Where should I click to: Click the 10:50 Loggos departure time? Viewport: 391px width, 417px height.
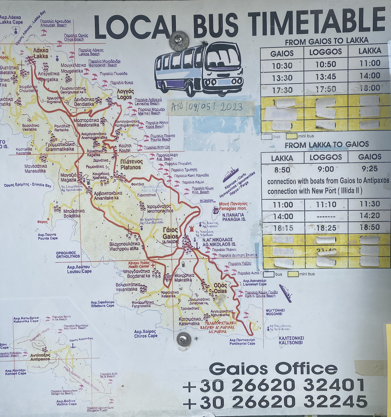[x=325, y=64]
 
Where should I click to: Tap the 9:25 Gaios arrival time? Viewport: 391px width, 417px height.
[x=370, y=169]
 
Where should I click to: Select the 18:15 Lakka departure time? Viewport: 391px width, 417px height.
[x=283, y=228]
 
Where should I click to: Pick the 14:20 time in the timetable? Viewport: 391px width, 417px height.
[x=370, y=216]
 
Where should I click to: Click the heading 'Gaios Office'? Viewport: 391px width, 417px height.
[x=273, y=369]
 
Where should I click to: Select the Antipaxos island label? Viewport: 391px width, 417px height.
[x=40, y=357]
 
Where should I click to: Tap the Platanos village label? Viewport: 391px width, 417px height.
[x=131, y=164]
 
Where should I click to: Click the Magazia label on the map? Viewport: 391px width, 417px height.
[x=68, y=177]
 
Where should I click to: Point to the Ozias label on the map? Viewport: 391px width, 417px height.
[x=220, y=288]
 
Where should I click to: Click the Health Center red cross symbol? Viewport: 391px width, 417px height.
[x=153, y=265]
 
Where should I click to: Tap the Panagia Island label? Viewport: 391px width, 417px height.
[x=234, y=217]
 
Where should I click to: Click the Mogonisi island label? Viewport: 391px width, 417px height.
[x=275, y=312]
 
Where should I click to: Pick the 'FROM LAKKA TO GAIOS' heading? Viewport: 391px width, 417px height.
[x=327, y=145]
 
